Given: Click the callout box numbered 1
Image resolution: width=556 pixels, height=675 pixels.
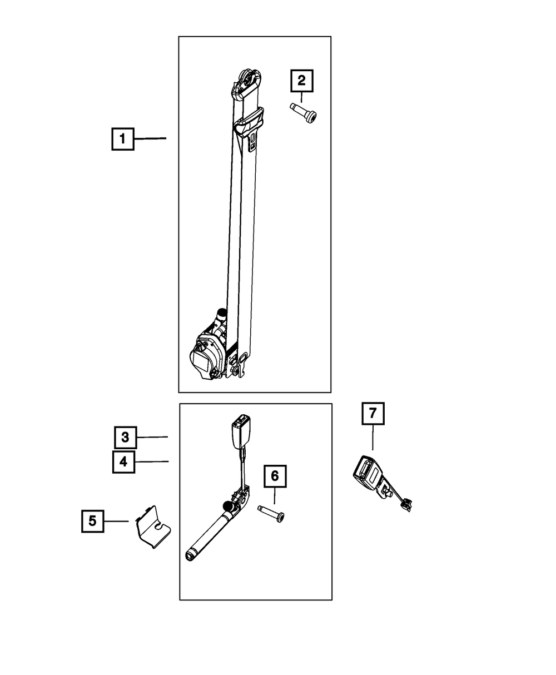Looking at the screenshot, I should coord(122,138).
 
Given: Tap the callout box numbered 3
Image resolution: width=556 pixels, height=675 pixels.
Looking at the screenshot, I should coord(126,438).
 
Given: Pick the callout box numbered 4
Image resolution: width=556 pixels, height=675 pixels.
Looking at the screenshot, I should coord(123,461).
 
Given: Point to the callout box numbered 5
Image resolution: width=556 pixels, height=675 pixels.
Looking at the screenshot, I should coord(92,521).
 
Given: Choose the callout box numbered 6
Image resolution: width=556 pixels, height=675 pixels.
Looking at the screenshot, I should coord(275,477).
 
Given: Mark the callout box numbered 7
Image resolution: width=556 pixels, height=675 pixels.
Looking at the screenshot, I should coord(373,413).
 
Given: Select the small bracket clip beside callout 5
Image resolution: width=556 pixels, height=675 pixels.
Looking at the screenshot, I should coord(153,527).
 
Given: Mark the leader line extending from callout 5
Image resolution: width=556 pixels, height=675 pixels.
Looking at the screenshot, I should coord(116,521).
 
